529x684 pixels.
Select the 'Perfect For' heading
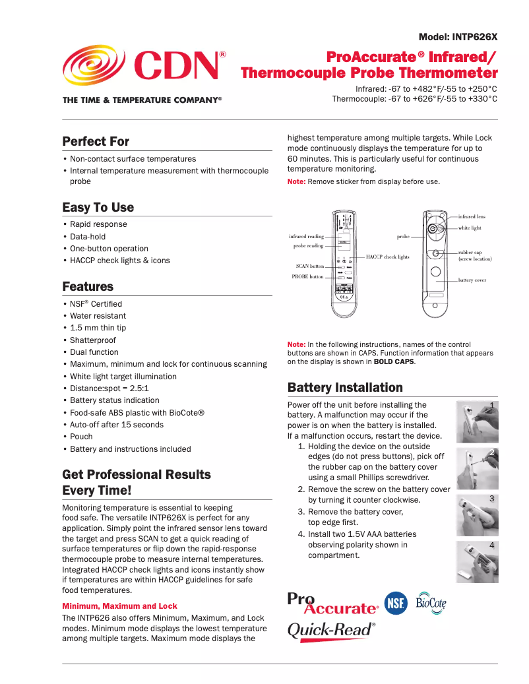pyautogui.click(x=96, y=141)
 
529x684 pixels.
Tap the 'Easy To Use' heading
pyautogui.click(x=98, y=207)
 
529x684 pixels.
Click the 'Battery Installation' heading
pyautogui.click(x=345, y=387)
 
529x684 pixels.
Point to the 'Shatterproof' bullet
pyautogui.click(x=93, y=340)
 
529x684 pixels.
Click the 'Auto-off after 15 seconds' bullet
pyautogui.click(x=117, y=425)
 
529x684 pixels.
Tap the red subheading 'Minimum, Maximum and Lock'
pyautogui.click(x=119, y=606)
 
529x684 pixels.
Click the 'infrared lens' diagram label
pyautogui.click(x=472, y=216)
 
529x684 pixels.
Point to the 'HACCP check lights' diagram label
pyautogui.click(x=388, y=257)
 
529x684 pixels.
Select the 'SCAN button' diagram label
pyautogui.click(x=309, y=266)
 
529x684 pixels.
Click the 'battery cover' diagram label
pyautogui.click(x=472, y=280)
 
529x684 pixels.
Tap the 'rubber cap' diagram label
pyautogui.click(x=471, y=252)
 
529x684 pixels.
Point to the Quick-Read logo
pyautogui.click(x=331, y=629)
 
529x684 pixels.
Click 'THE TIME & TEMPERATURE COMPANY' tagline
pyautogui.click(x=142, y=100)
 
